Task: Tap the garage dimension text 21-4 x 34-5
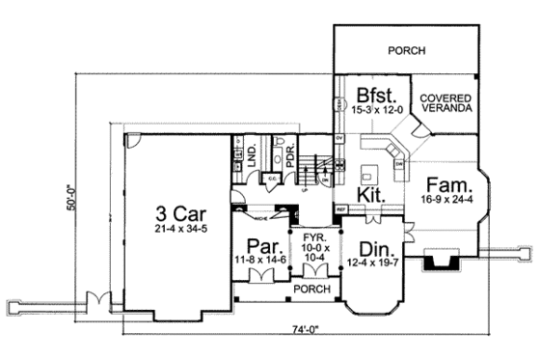point(177,230)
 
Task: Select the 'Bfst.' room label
point(372,97)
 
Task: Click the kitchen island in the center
point(366,174)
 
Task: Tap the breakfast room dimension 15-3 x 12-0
point(372,113)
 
